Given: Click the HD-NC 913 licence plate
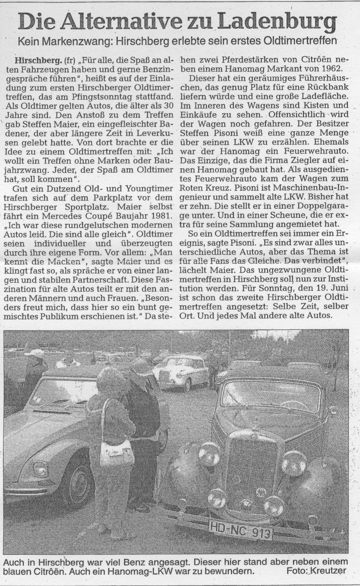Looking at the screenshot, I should pyautogui.click(x=241, y=525).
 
